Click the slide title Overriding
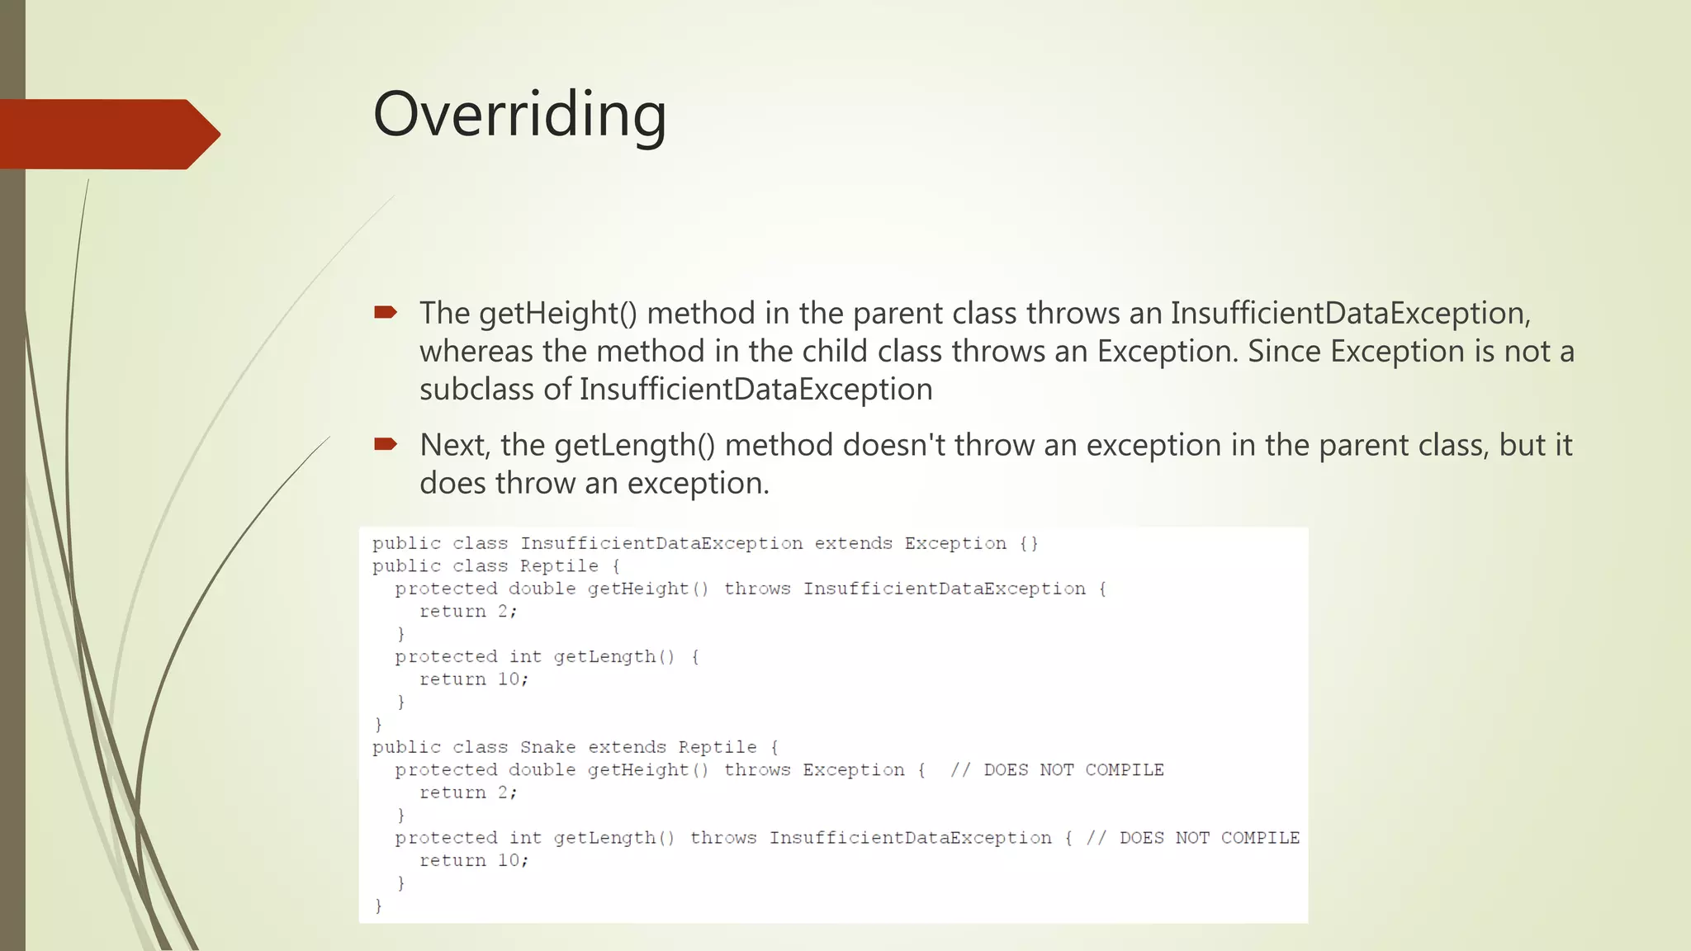pyautogui.click(x=519, y=114)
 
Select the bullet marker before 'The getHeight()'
pyautogui.click(x=386, y=312)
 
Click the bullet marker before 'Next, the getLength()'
pyautogui.click(x=386, y=444)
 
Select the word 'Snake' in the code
pyautogui.click(x=547, y=747)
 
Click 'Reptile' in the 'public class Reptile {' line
pyautogui.click(x=559, y=566)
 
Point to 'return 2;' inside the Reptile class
pyautogui.click(x=468, y=612)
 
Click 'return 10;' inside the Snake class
pyautogui.click(x=474, y=860)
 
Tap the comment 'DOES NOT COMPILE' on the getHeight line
pyautogui.click(x=1073, y=770)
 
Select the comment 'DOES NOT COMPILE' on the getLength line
pyautogui.click(x=1210, y=838)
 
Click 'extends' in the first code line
pyautogui.click(x=853, y=543)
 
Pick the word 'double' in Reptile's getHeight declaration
pyautogui.click(x=542, y=589)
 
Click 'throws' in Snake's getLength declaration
pyautogui.click(x=723, y=838)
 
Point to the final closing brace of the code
pyautogui.click(x=379, y=906)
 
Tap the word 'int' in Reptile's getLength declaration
pyautogui.click(x=525, y=657)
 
